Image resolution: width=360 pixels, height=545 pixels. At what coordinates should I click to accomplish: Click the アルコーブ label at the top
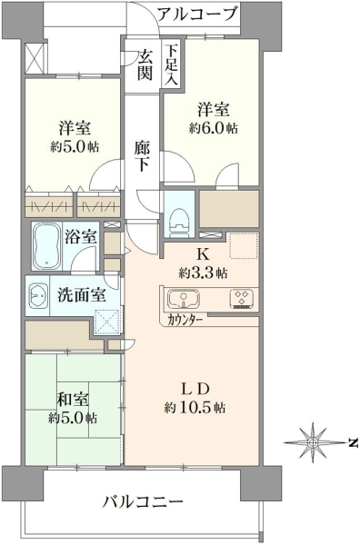click(197, 15)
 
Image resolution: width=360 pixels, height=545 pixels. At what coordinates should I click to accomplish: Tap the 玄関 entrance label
click(145, 64)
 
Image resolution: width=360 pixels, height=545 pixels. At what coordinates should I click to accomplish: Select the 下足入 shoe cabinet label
click(171, 65)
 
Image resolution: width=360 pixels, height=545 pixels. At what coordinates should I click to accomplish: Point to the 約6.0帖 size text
click(214, 129)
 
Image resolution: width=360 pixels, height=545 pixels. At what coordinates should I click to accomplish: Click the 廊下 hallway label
click(143, 156)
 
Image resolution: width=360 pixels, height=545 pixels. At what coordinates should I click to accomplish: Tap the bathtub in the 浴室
click(47, 246)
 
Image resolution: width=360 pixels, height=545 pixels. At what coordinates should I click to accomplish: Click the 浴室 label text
click(81, 237)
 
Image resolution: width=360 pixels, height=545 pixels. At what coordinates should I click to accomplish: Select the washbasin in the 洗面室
click(37, 295)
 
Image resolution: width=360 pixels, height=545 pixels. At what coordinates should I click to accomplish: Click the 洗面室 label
click(82, 295)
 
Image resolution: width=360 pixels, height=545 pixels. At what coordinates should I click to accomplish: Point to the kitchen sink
click(184, 299)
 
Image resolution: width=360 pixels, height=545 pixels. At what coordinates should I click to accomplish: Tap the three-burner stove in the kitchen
click(242, 299)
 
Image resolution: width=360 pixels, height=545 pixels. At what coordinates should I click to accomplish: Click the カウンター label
click(185, 320)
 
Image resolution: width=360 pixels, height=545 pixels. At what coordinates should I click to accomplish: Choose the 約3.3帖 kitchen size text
click(203, 273)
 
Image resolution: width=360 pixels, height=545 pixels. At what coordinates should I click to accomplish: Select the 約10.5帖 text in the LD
click(195, 407)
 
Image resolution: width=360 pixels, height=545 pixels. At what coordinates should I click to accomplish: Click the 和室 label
click(73, 400)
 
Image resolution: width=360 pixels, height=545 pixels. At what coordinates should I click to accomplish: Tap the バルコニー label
click(143, 502)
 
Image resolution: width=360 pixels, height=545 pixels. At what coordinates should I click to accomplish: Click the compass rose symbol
click(313, 442)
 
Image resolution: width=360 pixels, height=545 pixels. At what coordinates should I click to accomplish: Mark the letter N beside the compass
click(353, 443)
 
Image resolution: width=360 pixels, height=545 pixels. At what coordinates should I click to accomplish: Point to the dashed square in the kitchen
click(244, 246)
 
